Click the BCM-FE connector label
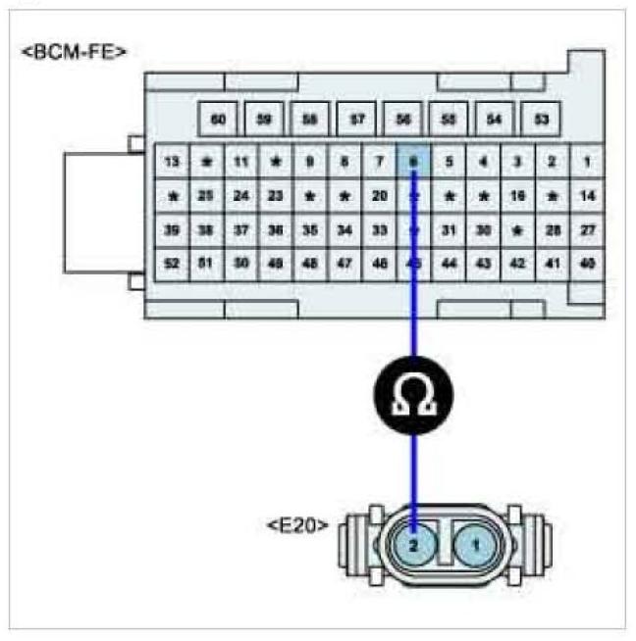pos(75,51)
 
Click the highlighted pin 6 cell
pos(414,161)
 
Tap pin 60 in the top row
pos(219,120)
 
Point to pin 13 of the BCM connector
pos(173,161)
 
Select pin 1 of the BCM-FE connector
pos(587,161)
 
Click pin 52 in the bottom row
pos(173,264)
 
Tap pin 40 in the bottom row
pos(587,264)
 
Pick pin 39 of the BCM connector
pos(173,229)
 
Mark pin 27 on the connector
pos(587,229)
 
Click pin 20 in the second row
pos(380,195)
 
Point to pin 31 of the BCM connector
pos(449,229)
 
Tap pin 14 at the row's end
pos(587,195)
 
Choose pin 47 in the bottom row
pos(344,264)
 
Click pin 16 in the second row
pos(517,195)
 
